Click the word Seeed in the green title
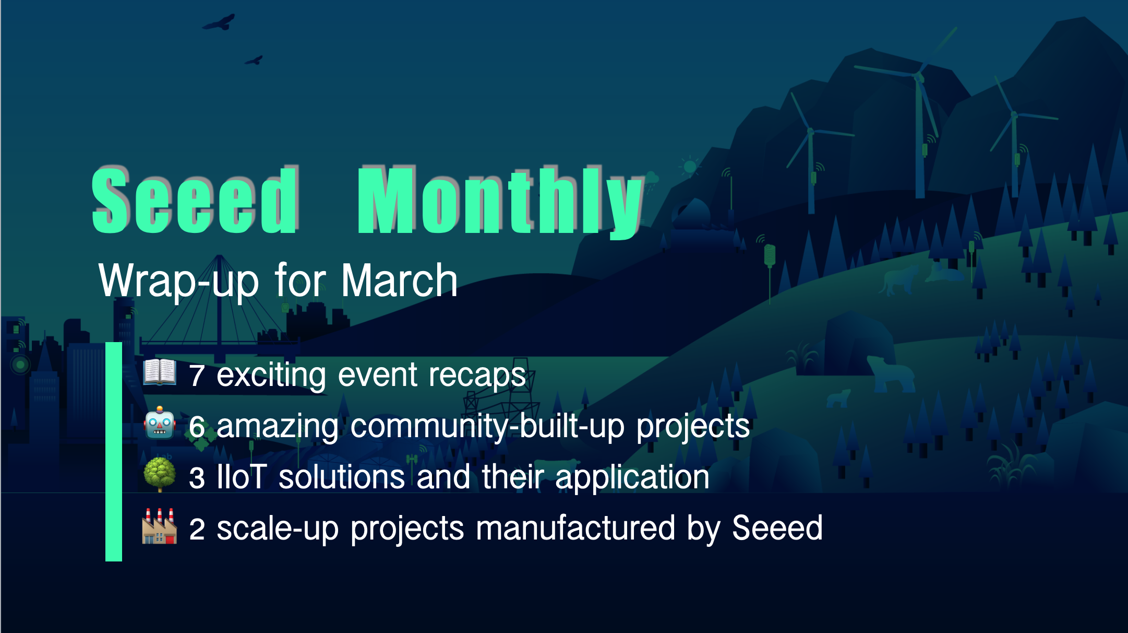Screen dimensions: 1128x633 coord(195,200)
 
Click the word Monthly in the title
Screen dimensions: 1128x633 coord(501,202)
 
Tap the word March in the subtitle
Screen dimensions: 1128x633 coord(399,280)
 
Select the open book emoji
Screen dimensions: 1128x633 coord(160,372)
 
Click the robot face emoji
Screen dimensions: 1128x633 coord(160,423)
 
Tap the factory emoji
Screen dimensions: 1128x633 coord(160,526)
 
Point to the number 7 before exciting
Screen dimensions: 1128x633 coord(197,376)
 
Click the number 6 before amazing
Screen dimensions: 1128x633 coord(197,427)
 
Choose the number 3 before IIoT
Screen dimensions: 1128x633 coord(197,478)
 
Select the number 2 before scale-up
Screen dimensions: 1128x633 coord(197,529)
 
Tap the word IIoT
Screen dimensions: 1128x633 coord(242,476)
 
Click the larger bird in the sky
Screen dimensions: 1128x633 coord(220,22)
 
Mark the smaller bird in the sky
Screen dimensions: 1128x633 coord(254,60)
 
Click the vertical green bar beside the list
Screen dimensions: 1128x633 coord(114,452)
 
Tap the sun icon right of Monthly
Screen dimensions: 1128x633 coord(690,167)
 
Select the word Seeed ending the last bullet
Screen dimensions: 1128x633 coord(777,527)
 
